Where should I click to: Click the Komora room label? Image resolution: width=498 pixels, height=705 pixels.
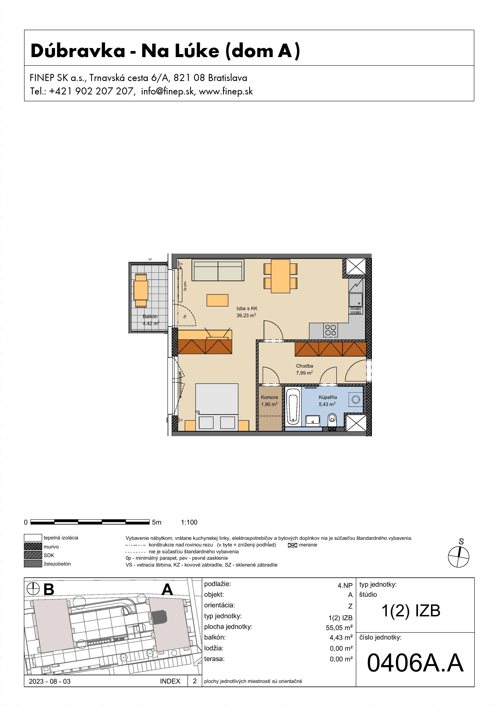point(269,397)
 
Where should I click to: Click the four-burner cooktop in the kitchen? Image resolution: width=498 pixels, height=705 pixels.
point(331,330)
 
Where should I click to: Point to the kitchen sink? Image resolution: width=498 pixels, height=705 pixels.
point(356,300)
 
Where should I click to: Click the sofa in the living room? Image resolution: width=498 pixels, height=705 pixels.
point(218,270)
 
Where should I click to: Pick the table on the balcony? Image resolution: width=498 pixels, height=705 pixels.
point(141,290)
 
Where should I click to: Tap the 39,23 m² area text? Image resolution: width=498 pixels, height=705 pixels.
point(246,315)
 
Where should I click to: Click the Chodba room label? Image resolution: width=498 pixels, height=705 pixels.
point(304,366)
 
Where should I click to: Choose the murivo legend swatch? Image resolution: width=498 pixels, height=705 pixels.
point(33,547)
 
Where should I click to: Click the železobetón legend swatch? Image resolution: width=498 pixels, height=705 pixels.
point(33,564)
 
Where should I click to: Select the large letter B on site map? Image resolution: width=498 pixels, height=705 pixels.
point(49,589)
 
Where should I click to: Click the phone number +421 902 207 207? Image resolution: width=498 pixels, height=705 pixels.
point(91,91)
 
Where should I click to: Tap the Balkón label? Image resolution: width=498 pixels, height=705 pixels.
point(150,317)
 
